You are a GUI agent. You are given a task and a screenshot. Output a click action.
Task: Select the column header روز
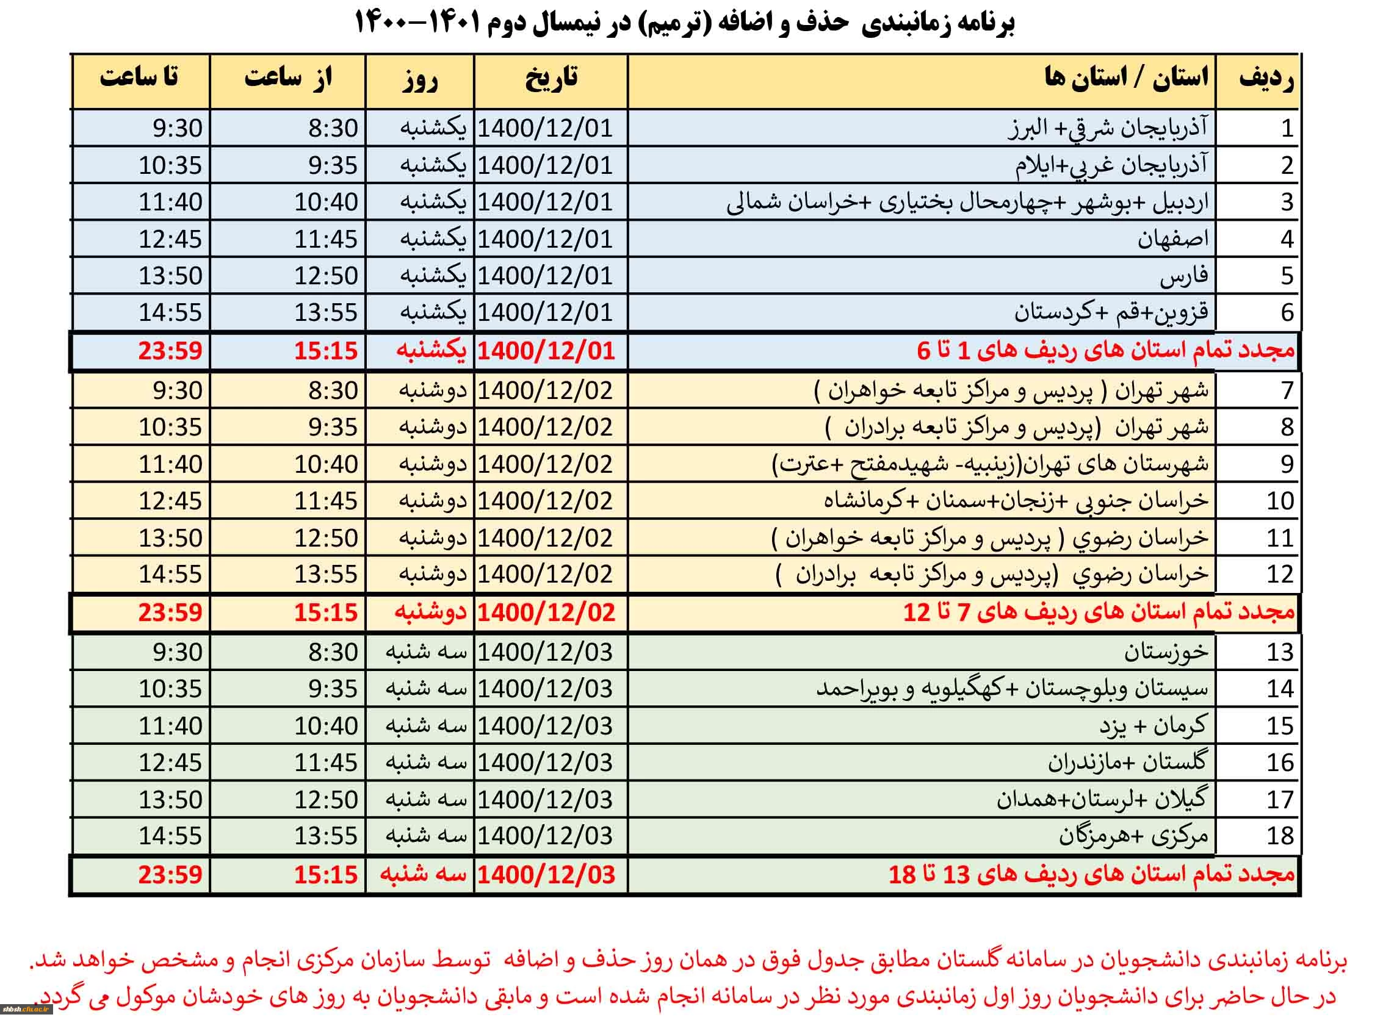pos(420,81)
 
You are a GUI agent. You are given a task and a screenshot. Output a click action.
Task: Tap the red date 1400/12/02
pos(546,612)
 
